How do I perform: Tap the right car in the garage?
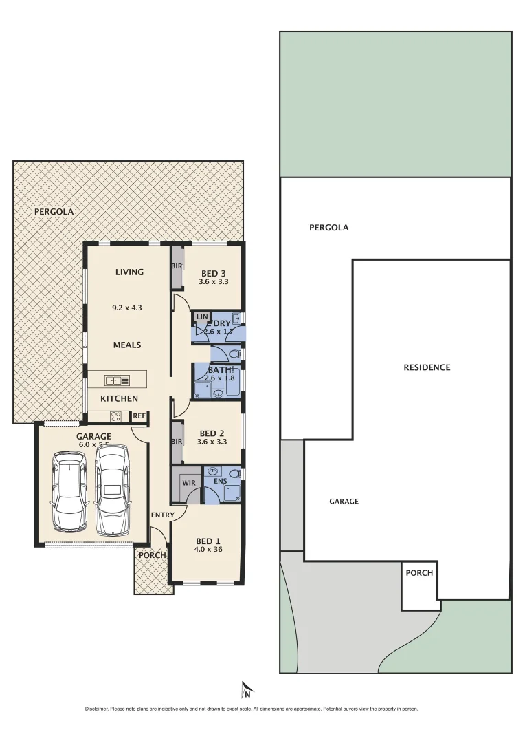click(x=112, y=490)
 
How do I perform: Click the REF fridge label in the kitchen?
click(x=139, y=416)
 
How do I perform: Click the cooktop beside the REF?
click(x=115, y=416)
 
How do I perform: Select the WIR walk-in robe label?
click(x=189, y=483)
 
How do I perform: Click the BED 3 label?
click(x=214, y=272)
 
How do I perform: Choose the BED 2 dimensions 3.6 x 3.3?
click(x=212, y=442)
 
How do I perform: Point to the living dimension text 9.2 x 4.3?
click(x=126, y=308)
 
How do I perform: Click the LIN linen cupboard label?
click(x=201, y=316)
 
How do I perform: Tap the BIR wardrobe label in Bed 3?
click(x=177, y=266)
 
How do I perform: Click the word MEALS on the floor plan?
click(x=127, y=345)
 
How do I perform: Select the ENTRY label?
click(x=162, y=515)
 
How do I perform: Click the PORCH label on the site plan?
click(x=419, y=572)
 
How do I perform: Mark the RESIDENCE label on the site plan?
click(x=427, y=367)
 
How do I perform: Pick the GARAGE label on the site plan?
click(x=344, y=502)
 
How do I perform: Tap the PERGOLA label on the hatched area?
click(x=54, y=212)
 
